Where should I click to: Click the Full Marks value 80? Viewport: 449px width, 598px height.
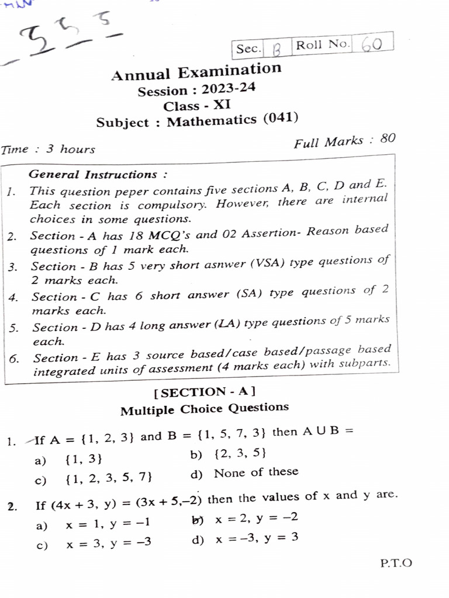(x=388, y=139)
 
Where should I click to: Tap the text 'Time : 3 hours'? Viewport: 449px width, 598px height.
(x=48, y=149)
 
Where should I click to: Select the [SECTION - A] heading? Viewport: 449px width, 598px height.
(x=204, y=392)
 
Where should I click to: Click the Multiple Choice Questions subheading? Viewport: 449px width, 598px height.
(x=204, y=409)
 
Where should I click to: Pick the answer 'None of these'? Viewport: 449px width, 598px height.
(x=256, y=472)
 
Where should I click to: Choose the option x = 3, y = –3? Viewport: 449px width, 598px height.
(x=109, y=543)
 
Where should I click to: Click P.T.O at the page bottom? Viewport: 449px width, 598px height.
(x=396, y=564)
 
